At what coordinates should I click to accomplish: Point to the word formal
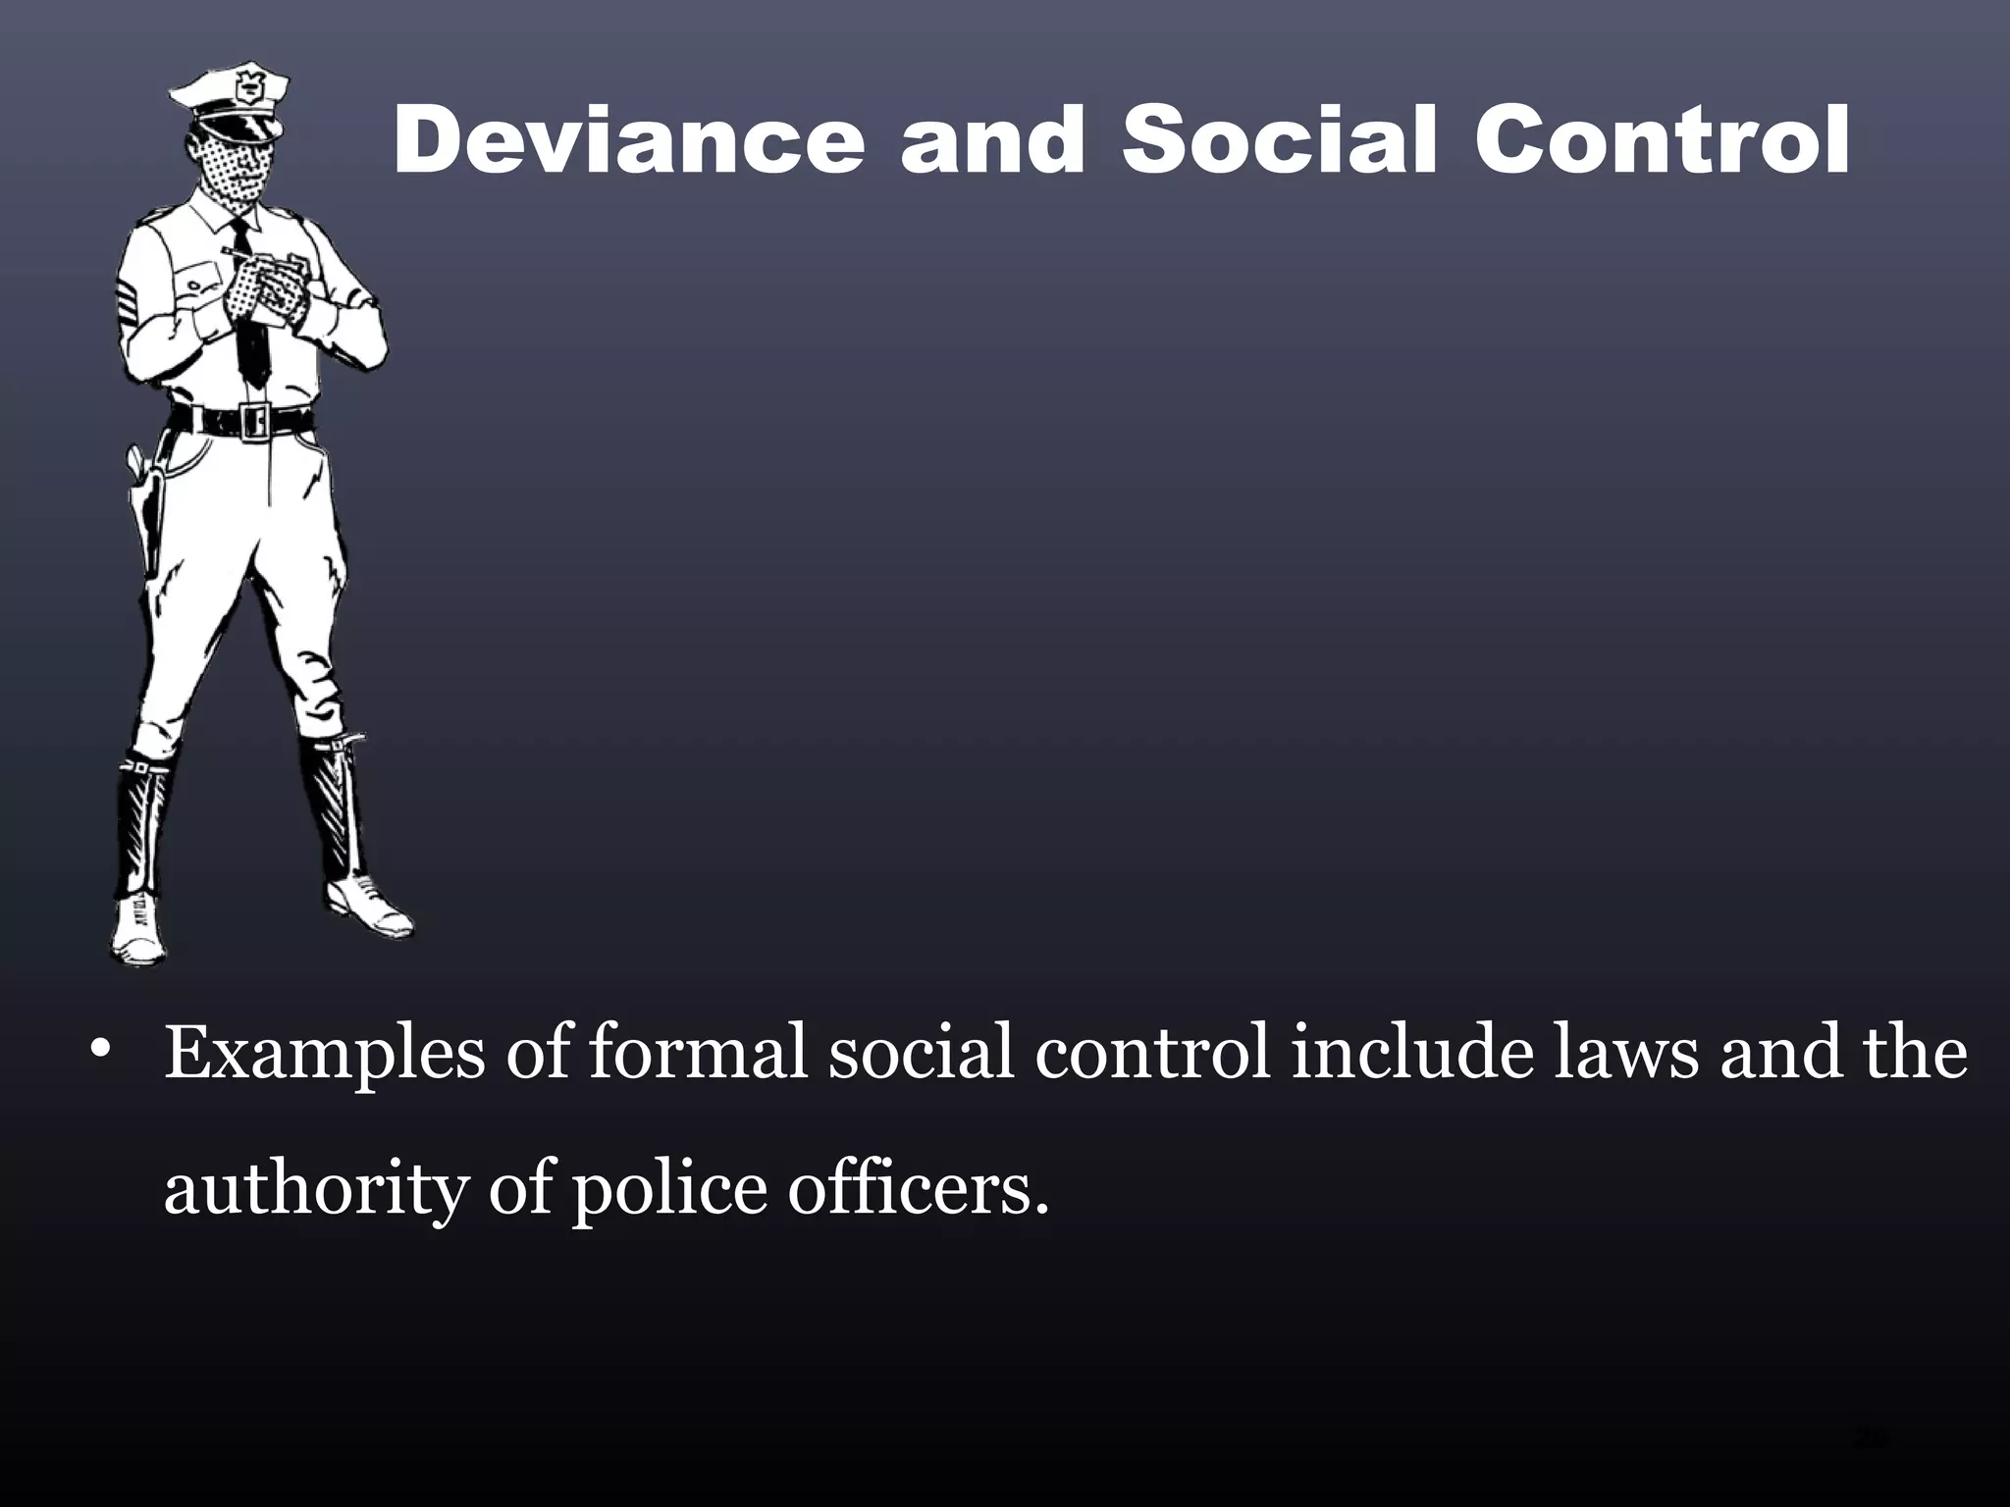click(x=697, y=1052)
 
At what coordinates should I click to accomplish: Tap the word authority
click(x=314, y=1189)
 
